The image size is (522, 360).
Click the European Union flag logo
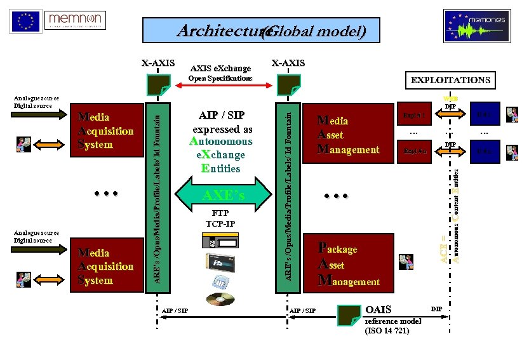coord(25,21)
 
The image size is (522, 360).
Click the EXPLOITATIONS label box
coord(450,80)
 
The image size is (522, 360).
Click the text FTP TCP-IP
coord(220,218)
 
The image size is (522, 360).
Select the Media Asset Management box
coord(349,135)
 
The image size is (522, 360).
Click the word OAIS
coord(379,310)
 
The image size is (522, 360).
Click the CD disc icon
coord(220,298)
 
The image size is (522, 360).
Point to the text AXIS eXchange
coord(220,68)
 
